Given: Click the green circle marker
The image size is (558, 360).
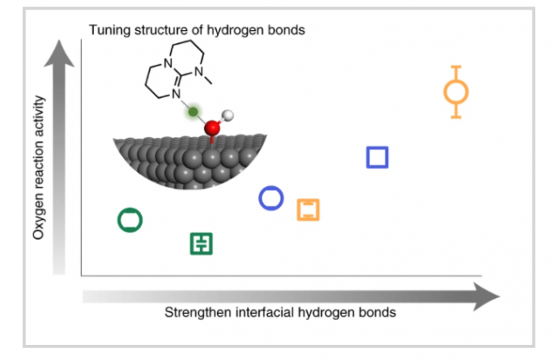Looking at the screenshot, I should pos(130,219).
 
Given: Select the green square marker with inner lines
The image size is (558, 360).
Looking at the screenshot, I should pos(202,244).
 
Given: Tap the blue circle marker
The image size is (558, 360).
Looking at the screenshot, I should pos(271,198).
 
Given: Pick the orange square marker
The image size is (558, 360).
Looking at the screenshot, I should pos(308,209).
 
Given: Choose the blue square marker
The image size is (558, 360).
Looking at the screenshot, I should pos(377,158).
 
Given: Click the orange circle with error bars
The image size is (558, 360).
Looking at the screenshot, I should pos(456,92).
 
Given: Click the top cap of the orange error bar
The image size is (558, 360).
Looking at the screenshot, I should pos(456,67).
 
